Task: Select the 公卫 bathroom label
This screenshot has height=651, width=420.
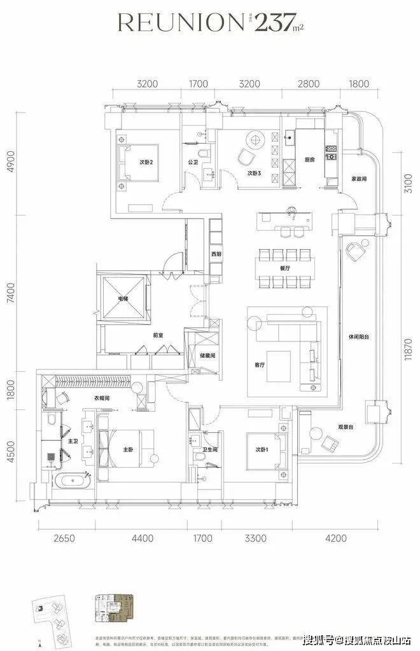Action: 193,162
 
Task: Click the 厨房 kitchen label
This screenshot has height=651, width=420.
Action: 310,160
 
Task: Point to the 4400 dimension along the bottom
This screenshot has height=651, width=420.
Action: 143,538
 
